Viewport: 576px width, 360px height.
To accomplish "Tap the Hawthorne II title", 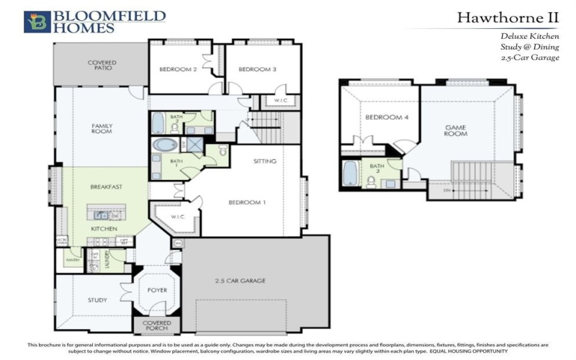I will point(508,17).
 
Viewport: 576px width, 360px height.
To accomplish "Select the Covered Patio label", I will point(102,66).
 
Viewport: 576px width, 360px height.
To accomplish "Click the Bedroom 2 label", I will point(178,70).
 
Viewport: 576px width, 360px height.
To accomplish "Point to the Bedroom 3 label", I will point(258,70).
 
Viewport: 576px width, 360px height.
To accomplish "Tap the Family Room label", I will point(102,129).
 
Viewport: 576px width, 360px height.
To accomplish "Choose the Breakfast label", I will point(106,186).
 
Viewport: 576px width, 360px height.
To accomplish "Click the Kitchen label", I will point(104,228).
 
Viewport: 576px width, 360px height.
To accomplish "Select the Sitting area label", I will point(265,161).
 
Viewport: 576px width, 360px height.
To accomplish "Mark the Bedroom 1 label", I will point(248,202).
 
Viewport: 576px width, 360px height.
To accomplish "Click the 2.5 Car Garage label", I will point(240,280).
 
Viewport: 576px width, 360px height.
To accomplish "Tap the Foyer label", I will point(157,290).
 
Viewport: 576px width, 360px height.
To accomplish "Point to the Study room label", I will point(97,300).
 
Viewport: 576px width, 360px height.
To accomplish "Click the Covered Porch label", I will point(157,326).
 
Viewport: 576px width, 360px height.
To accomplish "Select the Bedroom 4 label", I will point(382,117).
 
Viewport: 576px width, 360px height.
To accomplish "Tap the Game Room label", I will point(455,130).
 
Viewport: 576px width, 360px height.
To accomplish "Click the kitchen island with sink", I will point(106,214).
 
